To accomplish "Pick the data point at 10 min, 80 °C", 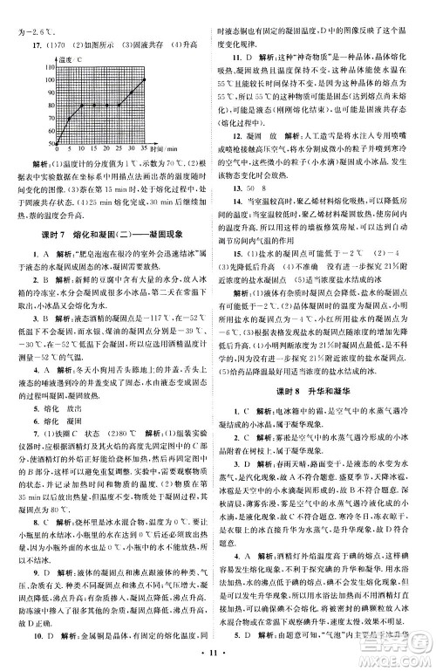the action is point(82,106).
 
